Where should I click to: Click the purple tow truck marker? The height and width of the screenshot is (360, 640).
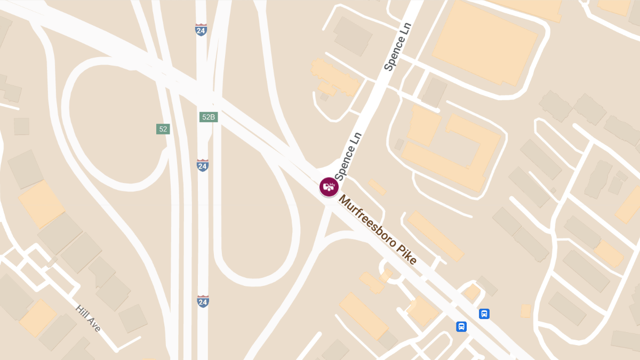[x=329, y=187]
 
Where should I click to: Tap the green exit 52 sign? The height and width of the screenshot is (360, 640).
[x=163, y=129]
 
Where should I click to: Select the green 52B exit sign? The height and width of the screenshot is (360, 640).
[x=209, y=117]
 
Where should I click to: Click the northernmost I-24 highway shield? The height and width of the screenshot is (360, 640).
[x=201, y=30]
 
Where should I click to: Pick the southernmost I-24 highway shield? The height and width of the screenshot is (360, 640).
[x=202, y=301]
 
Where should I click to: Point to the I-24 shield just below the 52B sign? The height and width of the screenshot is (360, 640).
[x=202, y=165]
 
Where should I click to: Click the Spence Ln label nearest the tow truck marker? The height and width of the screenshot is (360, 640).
[x=348, y=156]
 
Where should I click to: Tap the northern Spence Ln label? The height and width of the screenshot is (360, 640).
[x=398, y=47]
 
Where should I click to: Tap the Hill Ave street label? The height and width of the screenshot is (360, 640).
[x=88, y=318]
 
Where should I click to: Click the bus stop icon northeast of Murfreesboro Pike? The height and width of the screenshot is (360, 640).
[x=484, y=314]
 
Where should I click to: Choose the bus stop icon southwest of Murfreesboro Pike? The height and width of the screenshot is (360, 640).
[x=461, y=326]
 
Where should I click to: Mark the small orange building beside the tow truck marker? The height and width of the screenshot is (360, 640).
[x=378, y=187]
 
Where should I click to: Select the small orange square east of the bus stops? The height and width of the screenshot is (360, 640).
[x=526, y=311]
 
